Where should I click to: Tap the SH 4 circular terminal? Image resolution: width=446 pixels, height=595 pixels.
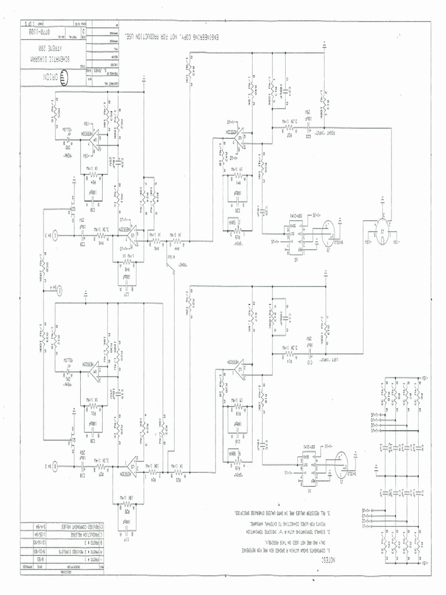click(x=59, y=288)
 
